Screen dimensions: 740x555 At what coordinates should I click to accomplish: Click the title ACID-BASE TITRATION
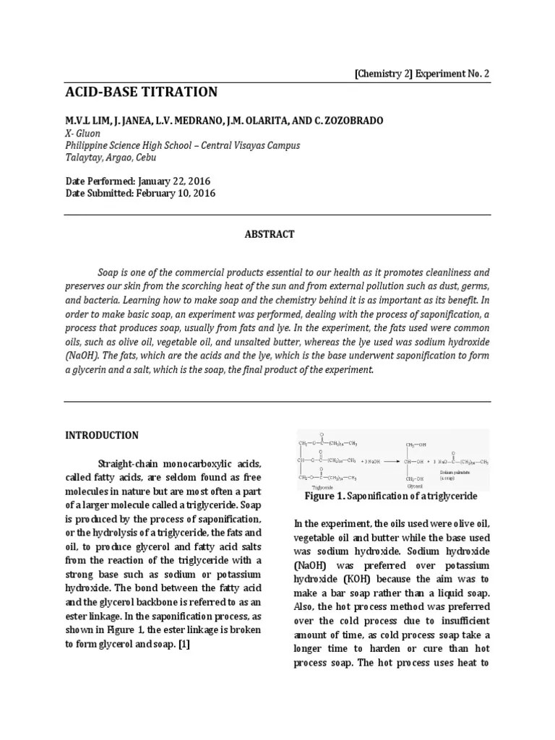click(x=141, y=92)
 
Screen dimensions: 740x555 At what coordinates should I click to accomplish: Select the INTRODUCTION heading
click(x=102, y=435)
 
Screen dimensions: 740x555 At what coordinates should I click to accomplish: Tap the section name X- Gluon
click(x=90, y=133)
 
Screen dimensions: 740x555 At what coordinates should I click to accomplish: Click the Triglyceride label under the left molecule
click(x=316, y=488)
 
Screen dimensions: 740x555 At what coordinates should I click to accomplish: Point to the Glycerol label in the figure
click(x=414, y=486)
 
